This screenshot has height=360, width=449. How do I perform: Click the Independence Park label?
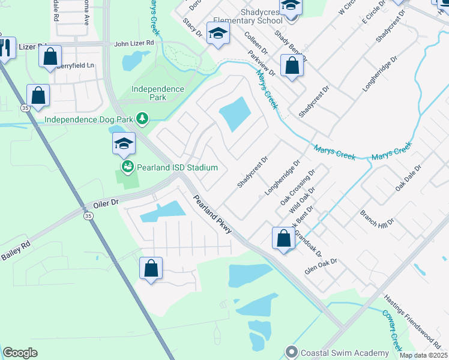coord(158,92)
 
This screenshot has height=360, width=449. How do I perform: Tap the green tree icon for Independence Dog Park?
coord(142,119)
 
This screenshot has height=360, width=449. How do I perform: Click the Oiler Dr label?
coord(107,204)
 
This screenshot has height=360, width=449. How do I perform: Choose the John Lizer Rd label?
coord(134,44)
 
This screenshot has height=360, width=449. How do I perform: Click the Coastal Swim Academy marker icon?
coord(292,350)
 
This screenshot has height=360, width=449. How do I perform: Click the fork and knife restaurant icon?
coord(6,47)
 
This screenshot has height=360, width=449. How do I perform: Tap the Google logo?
coord(20,353)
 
